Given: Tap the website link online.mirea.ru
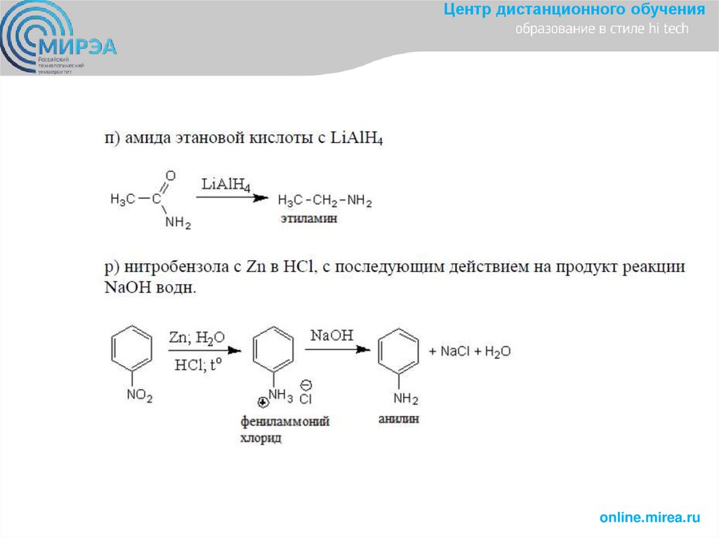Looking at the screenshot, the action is [x=649, y=518].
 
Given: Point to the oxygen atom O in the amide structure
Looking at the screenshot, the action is [x=171, y=175].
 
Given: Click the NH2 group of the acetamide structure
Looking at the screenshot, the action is [x=178, y=224].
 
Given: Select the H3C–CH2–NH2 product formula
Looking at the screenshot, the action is [x=324, y=202].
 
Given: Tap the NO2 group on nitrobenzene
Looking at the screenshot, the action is [x=139, y=396].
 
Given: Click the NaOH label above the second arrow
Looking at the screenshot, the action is [x=331, y=335].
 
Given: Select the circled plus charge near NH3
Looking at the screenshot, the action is [x=263, y=403].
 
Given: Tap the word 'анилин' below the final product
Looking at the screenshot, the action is [x=398, y=419].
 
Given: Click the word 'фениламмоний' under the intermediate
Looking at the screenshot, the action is [x=284, y=422].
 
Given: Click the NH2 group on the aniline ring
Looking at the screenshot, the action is [x=405, y=400].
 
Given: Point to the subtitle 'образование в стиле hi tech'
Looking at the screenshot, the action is [x=602, y=29].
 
